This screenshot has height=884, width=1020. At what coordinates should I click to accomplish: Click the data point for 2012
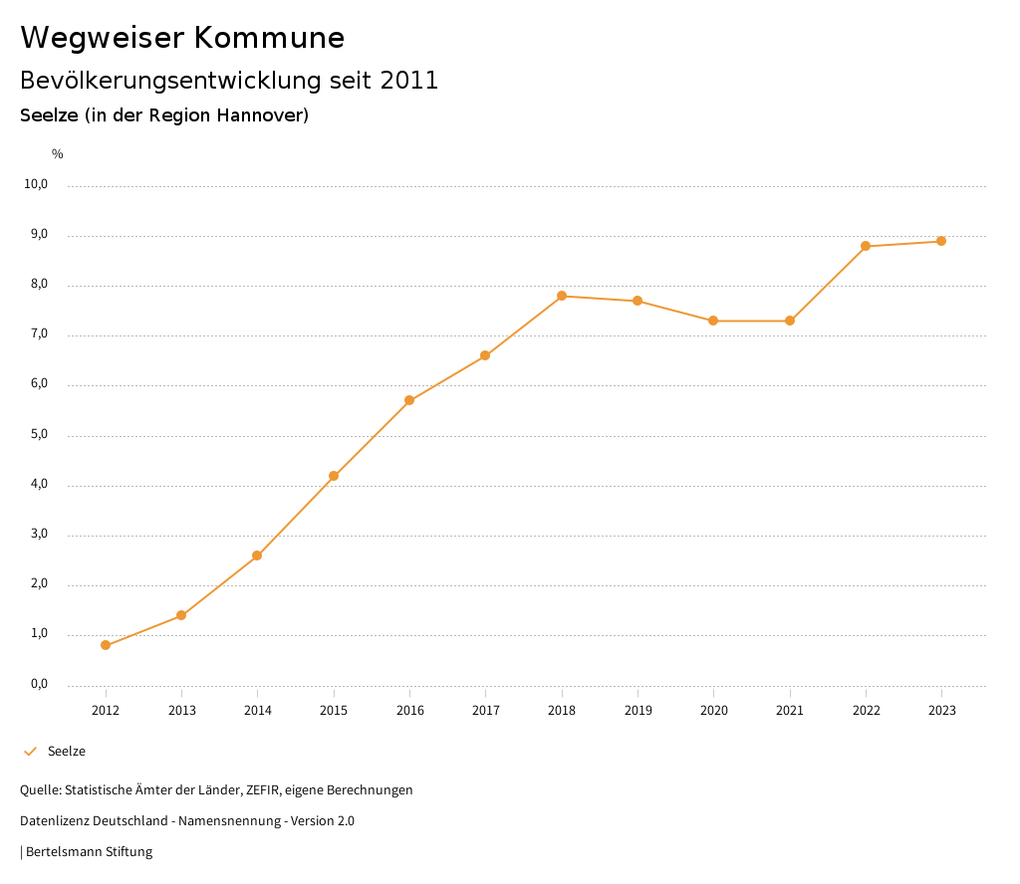(x=106, y=645)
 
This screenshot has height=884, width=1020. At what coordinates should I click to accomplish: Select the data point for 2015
(x=334, y=476)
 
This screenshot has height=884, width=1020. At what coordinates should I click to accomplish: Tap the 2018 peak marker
(x=562, y=296)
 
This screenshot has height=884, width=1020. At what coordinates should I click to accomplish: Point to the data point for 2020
(x=713, y=321)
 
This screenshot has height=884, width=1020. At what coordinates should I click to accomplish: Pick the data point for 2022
(x=866, y=246)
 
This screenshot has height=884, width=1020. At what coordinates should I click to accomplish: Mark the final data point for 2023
(x=941, y=241)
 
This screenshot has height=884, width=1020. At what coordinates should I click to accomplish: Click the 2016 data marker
(x=409, y=400)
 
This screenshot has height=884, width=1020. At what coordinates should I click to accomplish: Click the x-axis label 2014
(x=258, y=711)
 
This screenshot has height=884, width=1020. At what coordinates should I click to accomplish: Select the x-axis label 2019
(x=637, y=711)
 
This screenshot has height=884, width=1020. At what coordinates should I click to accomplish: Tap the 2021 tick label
(x=790, y=711)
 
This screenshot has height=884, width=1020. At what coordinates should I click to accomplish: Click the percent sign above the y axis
(x=58, y=154)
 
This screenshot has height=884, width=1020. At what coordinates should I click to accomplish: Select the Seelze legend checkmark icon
(x=30, y=752)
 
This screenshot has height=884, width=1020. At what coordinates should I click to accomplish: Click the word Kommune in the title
(x=269, y=38)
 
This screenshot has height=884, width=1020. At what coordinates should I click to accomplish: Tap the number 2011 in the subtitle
(x=409, y=81)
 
